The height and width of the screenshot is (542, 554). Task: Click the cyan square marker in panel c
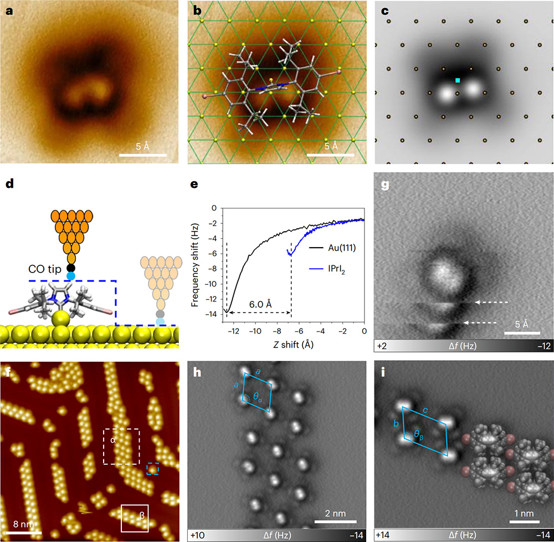coord(458,80)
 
